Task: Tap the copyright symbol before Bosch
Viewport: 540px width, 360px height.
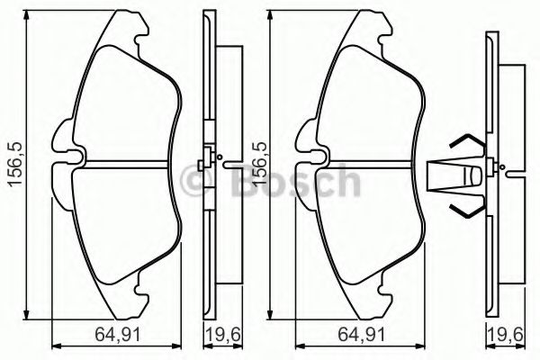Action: pos(195,184)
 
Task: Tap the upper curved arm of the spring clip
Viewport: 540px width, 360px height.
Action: pos(466,141)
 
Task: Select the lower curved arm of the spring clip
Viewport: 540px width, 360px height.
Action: pos(466,212)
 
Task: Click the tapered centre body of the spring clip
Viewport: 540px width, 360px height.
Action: pos(459,177)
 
